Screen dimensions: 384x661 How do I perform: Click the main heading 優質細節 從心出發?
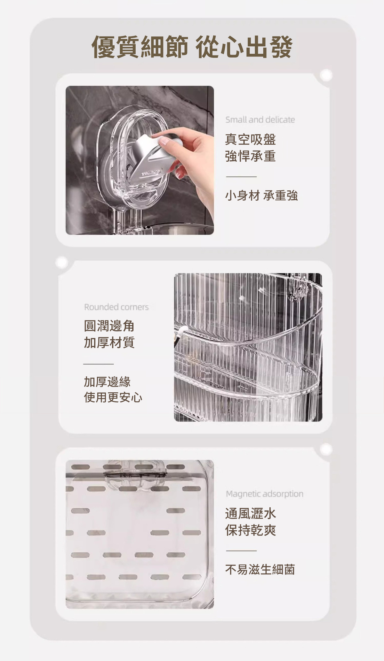click(192, 47)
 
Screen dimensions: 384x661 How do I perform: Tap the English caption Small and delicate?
click(260, 120)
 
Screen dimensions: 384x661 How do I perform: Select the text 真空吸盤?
click(250, 139)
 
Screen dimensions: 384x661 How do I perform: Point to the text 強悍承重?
click(250, 156)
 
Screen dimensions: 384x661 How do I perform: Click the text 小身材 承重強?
click(261, 196)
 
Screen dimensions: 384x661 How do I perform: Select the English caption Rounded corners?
click(116, 307)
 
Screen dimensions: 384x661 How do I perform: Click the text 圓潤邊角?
click(109, 326)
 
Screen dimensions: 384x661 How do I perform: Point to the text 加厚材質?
click(109, 342)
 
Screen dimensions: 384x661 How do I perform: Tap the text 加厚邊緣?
click(107, 382)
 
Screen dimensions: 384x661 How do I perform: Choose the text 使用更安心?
click(113, 397)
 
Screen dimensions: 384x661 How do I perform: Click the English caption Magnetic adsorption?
click(265, 494)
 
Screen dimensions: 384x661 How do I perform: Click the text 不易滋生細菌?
click(260, 570)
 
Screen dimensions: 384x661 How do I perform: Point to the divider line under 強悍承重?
click(241, 176)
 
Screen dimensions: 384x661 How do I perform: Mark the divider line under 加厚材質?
click(98, 364)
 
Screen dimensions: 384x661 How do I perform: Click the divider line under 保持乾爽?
click(241, 551)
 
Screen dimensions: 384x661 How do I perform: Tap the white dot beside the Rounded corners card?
click(61, 263)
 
